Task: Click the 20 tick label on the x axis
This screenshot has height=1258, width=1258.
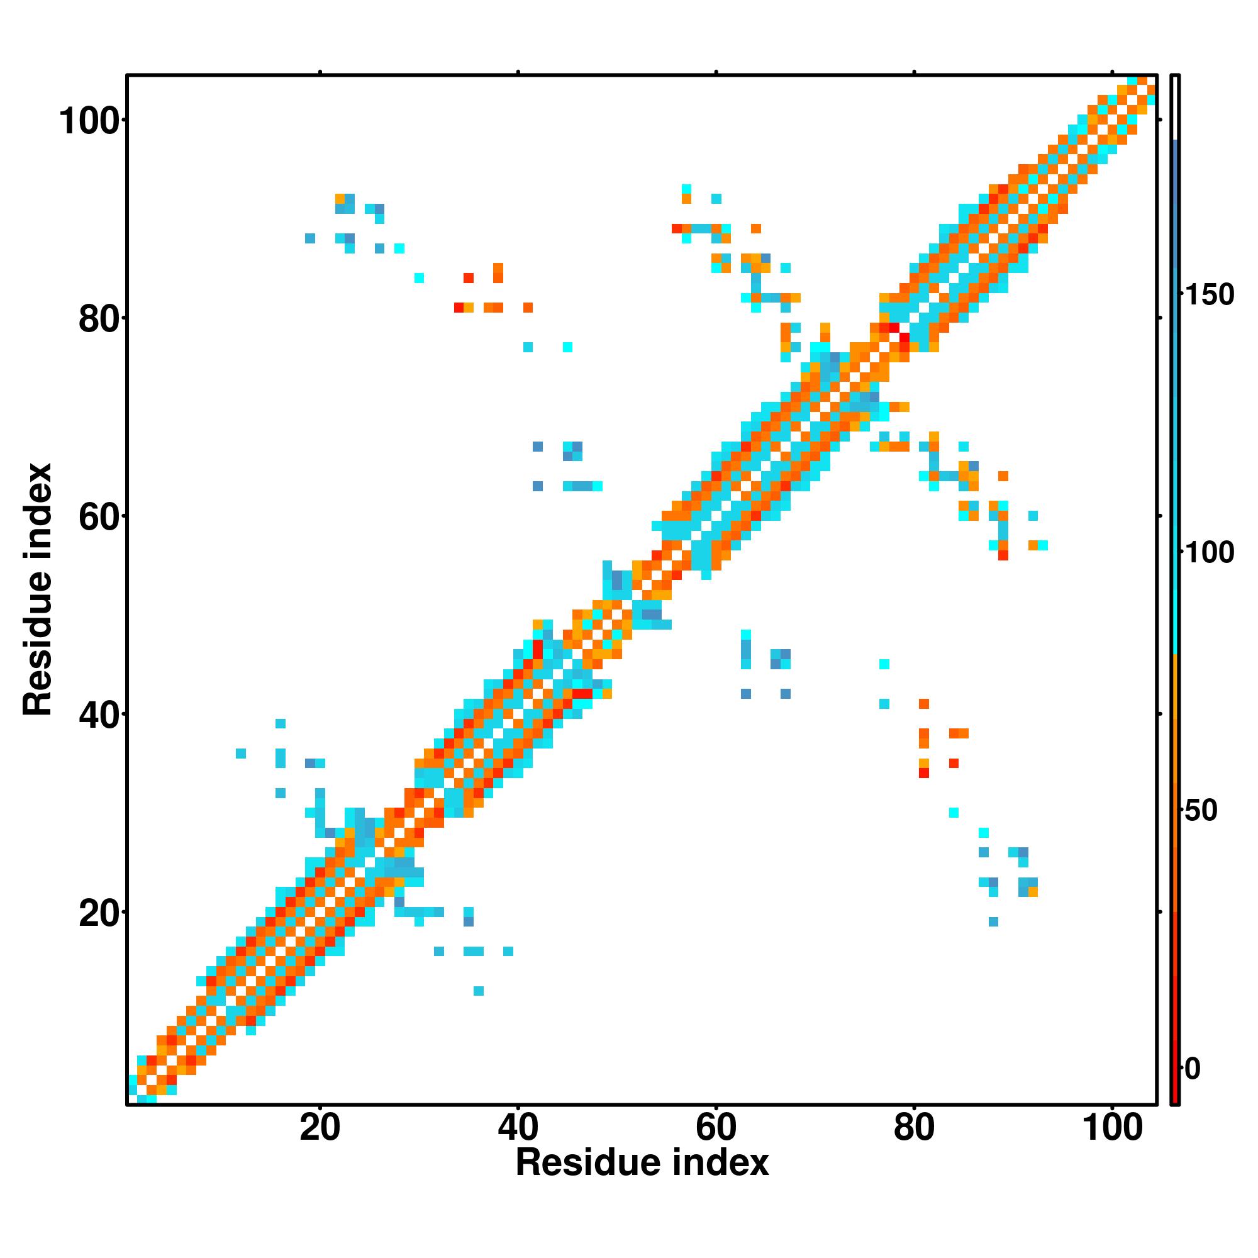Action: tap(320, 1128)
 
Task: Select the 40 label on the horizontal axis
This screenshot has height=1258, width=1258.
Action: tap(518, 1128)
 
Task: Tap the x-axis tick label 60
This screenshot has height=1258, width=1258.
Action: tap(716, 1128)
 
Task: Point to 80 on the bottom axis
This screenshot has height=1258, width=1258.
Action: tap(913, 1128)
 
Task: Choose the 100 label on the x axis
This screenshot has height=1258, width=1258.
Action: tap(1112, 1128)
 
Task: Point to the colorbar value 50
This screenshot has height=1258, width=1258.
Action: tap(1201, 811)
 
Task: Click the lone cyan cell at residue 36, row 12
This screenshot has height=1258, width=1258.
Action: tap(479, 991)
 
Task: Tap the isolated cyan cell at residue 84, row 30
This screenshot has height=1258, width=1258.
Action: tap(954, 813)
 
